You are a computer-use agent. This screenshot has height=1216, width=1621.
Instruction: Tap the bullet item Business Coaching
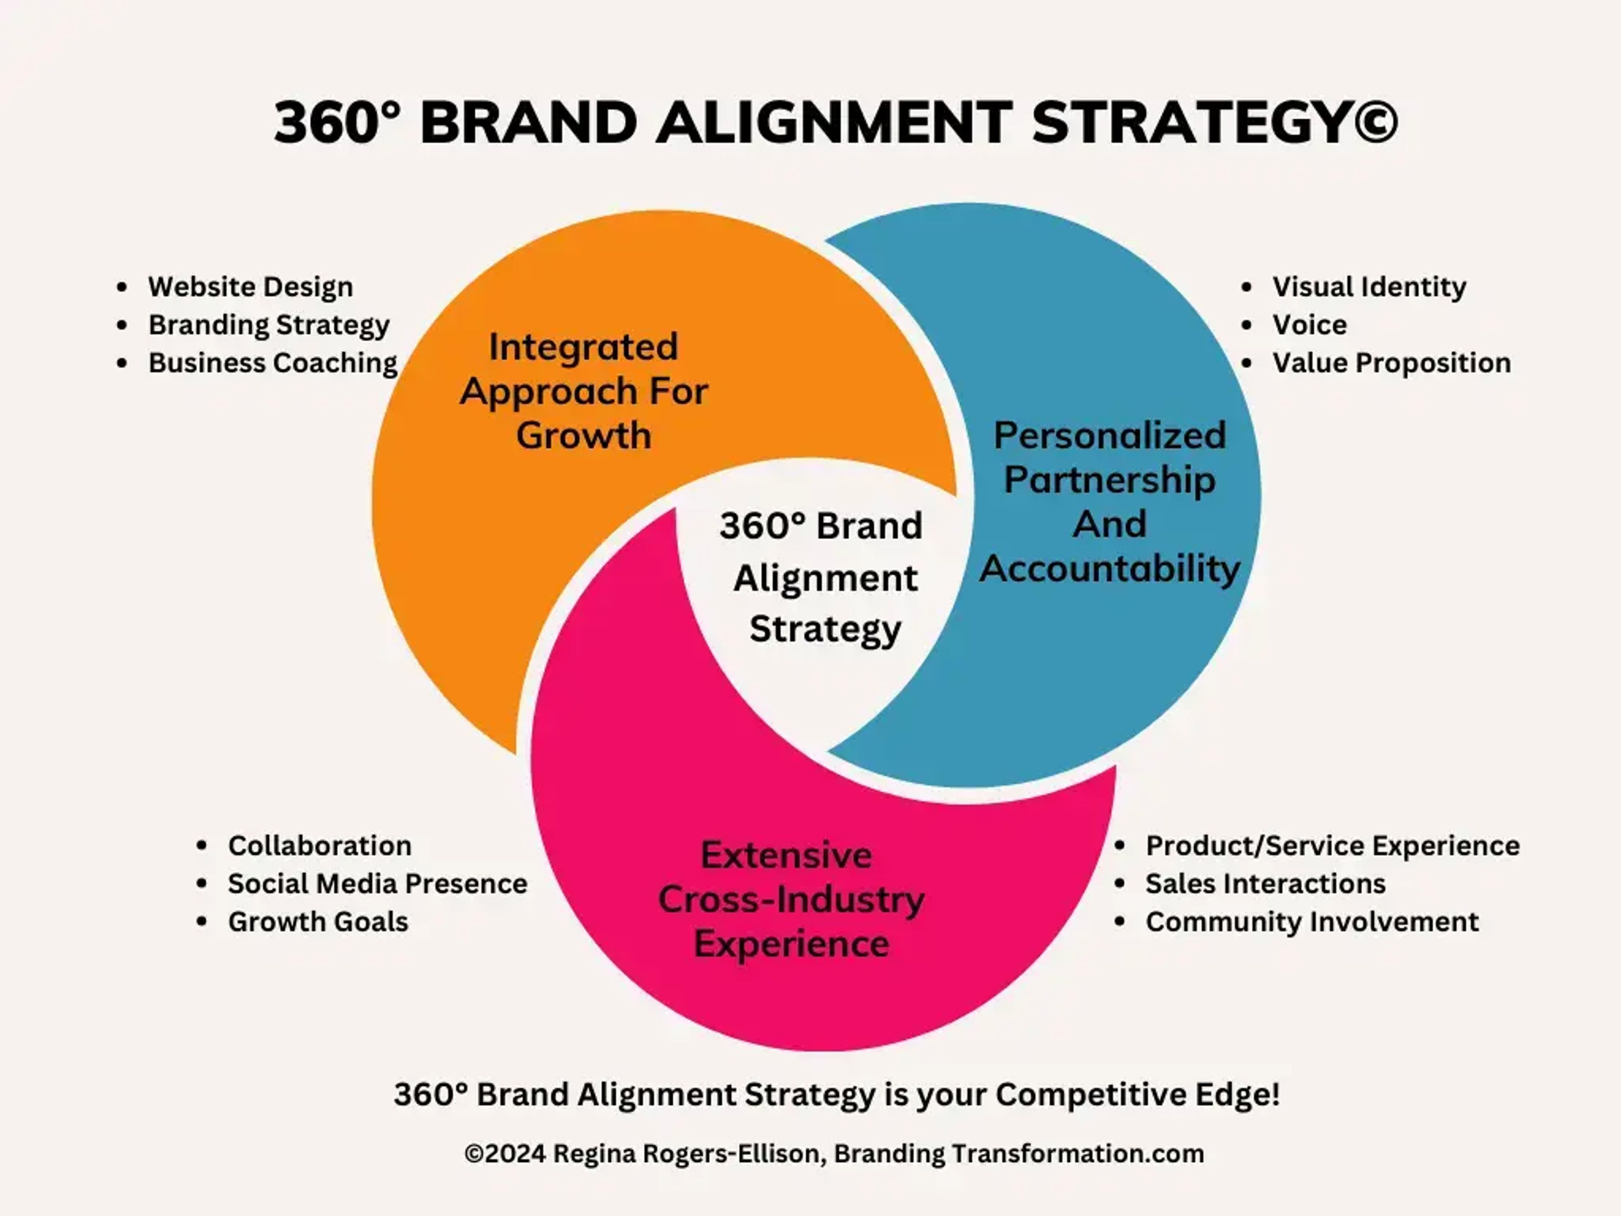[x=273, y=363]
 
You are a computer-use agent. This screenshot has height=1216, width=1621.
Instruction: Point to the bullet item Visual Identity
[x=1369, y=287]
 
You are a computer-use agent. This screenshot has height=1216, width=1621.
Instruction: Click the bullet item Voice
[x=1309, y=325]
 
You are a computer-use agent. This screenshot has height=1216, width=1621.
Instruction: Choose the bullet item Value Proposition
[x=1391, y=363]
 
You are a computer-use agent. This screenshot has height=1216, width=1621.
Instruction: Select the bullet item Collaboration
[x=320, y=845]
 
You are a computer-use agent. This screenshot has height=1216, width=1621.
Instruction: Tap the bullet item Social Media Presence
[x=377, y=883]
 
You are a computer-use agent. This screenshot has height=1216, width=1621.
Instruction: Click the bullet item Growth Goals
[x=318, y=921]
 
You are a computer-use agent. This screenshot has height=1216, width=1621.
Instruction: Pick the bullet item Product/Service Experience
[x=1332, y=845]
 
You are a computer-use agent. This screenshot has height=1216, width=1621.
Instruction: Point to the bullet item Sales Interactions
[x=1266, y=883]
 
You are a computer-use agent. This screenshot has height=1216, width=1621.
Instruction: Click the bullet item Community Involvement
[x=1312, y=921]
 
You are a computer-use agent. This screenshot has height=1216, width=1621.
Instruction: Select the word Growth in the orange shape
[x=583, y=435]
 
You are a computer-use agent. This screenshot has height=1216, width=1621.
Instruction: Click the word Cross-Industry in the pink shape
[x=791, y=899]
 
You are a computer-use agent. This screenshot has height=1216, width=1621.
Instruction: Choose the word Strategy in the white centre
[x=825, y=629]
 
